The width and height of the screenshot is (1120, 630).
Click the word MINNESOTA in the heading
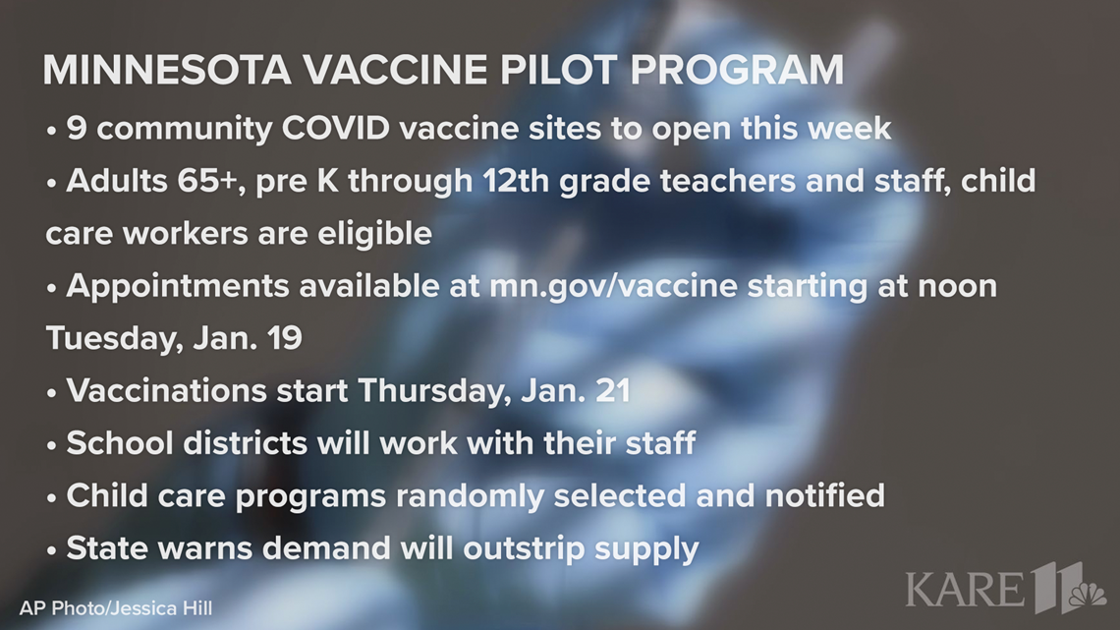(x=166, y=70)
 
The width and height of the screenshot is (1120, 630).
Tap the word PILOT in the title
(x=558, y=70)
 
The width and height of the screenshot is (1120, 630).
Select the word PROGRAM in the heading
(x=737, y=70)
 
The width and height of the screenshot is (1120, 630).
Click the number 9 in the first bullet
(x=77, y=129)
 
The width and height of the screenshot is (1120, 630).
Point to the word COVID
(x=336, y=129)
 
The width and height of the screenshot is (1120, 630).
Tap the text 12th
(x=516, y=181)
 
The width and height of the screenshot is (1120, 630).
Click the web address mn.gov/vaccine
(x=613, y=286)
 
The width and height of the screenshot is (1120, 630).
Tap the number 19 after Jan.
(x=285, y=338)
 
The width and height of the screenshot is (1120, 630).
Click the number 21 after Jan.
(x=613, y=391)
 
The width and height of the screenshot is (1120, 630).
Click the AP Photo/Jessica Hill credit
(x=116, y=608)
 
